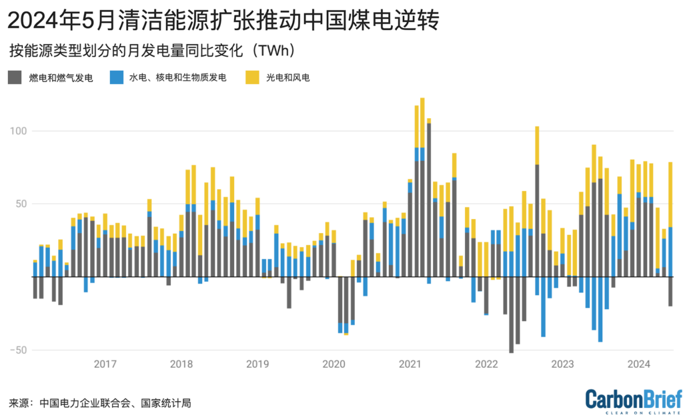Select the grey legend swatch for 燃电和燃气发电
coord(15,77)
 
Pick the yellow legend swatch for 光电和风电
coord(253,77)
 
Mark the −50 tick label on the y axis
coord(19,350)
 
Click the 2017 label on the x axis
coord(105,364)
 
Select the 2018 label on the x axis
coord(181,364)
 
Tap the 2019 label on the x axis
coord(257,364)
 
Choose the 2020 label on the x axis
coord(333,364)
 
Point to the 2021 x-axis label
coord(410,364)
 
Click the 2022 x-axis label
coord(486,364)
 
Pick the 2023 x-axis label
coord(562,364)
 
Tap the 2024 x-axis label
coord(639,364)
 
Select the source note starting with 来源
coord(100,403)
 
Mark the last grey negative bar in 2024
coord(670,291)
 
